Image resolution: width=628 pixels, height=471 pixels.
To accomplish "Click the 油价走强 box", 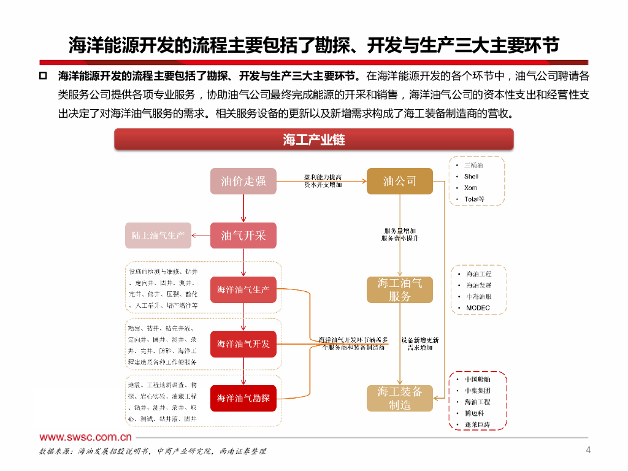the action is [x=243, y=181].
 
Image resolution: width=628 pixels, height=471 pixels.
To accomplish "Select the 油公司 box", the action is [x=400, y=181].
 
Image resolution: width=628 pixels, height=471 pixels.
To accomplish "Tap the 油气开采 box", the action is [x=243, y=235].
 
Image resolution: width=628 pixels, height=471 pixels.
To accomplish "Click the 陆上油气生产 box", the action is [x=158, y=235].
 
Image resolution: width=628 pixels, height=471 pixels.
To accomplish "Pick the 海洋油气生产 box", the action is [x=243, y=289].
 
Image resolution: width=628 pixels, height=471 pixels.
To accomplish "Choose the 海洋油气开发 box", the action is [x=243, y=344].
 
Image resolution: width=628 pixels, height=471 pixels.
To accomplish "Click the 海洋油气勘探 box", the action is [x=243, y=398].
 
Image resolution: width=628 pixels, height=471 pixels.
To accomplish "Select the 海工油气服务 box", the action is [x=400, y=289].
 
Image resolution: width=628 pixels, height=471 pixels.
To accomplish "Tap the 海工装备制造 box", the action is [x=400, y=399].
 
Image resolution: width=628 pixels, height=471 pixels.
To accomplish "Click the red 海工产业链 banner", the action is [x=314, y=140].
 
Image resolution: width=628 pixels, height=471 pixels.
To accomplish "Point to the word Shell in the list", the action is [x=471, y=177].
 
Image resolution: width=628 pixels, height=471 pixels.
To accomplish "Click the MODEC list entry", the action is [x=478, y=308].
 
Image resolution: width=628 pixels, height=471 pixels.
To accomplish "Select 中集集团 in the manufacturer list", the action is [x=478, y=391].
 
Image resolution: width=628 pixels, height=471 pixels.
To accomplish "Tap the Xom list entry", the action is [x=470, y=188].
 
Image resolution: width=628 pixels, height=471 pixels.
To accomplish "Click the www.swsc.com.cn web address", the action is [x=86, y=437].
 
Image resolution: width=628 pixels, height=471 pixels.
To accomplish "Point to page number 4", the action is [x=589, y=451].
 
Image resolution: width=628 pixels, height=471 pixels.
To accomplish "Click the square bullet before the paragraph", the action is [x=43, y=76].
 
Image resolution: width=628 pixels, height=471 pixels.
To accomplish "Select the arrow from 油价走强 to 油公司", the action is [x=322, y=181].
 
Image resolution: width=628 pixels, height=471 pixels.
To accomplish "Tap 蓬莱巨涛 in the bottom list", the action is [x=478, y=424].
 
